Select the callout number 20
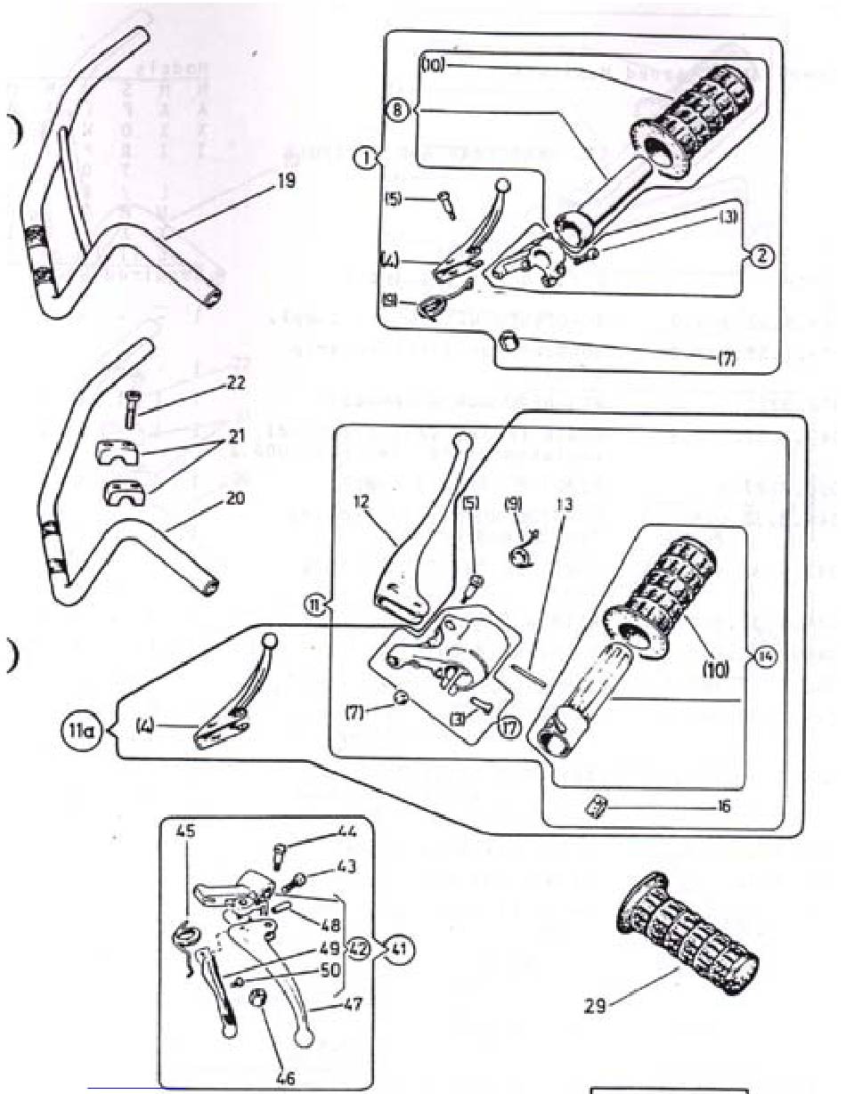pos(234,498)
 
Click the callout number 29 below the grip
pos(596,1006)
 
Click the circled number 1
pos(363,160)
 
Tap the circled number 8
pos(398,111)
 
